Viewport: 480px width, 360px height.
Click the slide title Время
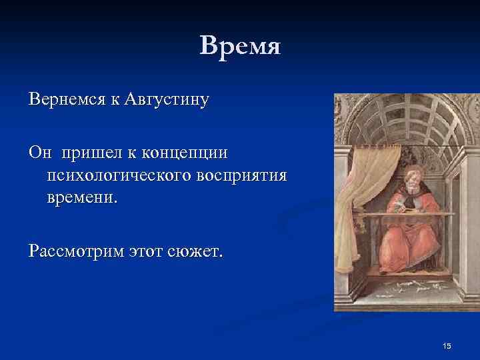tap(240, 46)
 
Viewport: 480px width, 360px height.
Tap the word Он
tap(39, 153)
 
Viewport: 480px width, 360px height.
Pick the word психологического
tap(119, 175)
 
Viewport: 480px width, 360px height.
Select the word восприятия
tap(242, 175)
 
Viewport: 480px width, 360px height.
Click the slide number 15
tap(447, 345)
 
